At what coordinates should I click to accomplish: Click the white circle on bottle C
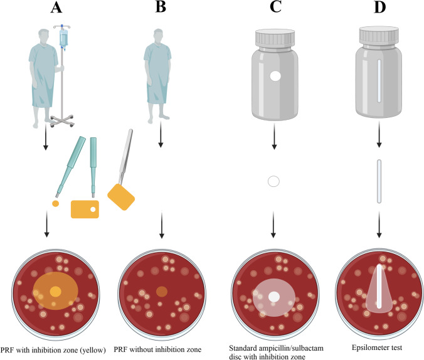pos(273,77)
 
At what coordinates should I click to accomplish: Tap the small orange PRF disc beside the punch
pos(56,203)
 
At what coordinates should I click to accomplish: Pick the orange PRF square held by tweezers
pos(121,196)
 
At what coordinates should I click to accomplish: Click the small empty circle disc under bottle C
pos(273,182)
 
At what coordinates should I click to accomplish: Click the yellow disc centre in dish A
pos(56,292)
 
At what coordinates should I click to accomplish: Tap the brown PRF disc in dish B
pos(161,291)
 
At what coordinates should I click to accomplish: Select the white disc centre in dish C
pos(273,296)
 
